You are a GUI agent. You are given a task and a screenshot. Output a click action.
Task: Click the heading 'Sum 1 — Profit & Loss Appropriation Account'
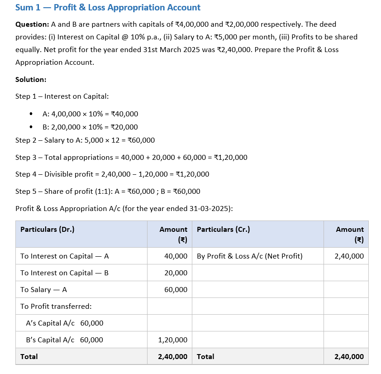click(108, 8)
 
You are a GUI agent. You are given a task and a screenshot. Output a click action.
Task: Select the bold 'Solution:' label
click(31, 79)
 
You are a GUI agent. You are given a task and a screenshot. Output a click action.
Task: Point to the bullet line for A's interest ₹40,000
click(90, 114)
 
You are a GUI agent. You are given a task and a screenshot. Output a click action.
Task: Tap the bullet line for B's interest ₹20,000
click(90, 127)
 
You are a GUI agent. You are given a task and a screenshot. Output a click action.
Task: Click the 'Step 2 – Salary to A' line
click(85, 140)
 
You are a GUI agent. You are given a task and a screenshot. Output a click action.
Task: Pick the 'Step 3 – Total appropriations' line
click(131, 158)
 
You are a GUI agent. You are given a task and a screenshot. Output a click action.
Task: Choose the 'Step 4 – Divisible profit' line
click(112, 174)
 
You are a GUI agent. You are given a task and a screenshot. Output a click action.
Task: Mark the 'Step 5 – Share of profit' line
click(108, 191)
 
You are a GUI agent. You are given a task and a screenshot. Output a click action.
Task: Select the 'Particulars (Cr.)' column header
click(223, 230)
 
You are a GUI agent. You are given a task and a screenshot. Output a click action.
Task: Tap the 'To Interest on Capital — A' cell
click(64, 256)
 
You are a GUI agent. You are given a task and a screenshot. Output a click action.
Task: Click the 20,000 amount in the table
click(176, 273)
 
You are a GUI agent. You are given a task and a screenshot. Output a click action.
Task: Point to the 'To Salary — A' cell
click(43, 290)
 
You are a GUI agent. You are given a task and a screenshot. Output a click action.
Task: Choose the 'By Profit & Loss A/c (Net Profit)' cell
click(250, 256)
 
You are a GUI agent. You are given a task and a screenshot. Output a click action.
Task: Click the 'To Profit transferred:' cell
click(56, 307)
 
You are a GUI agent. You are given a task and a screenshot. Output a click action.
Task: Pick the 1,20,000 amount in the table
click(172, 340)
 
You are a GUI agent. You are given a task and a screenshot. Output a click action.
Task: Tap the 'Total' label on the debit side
click(29, 357)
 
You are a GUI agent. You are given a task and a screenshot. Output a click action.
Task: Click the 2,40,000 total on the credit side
click(349, 357)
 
